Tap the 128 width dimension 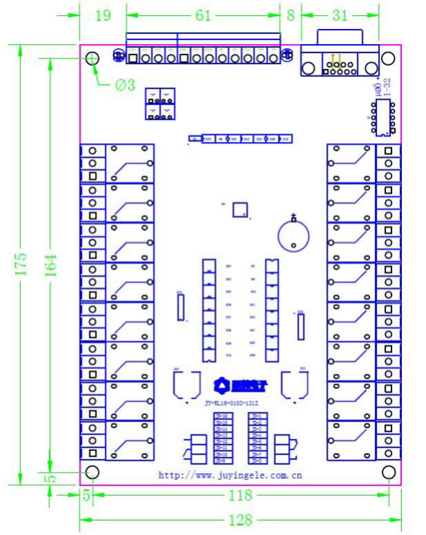coord(240,520)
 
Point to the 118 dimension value coord(240,495)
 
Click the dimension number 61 coord(203,16)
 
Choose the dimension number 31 coord(340,16)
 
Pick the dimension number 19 coord(102,16)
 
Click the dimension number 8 coord(290,16)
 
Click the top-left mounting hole coord(93,59)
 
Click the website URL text coord(230,475)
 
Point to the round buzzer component coord(293,235)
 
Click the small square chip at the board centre coord(240,210)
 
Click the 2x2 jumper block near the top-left coord(160,104)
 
